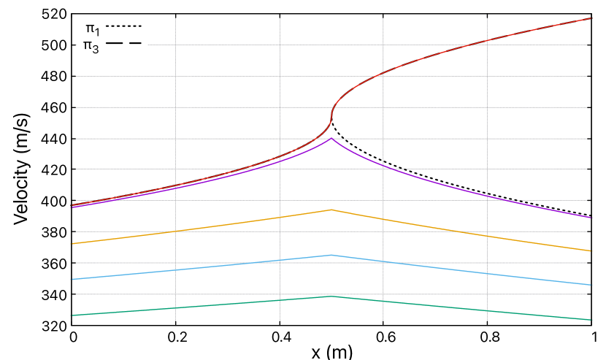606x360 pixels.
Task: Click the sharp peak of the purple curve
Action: tap(331, 138)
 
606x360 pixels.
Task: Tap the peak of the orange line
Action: tap(331, 210)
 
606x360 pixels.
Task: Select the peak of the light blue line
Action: tap(331, 255)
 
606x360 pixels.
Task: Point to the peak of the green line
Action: tap(331, 296)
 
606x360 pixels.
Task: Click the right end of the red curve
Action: tap(591, 18)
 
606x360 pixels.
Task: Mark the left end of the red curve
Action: tap(71, 205)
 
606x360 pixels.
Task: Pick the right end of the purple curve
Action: tap(591, 218)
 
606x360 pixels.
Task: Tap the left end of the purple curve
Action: tap(71, 207)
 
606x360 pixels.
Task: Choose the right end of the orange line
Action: tap(591, 251)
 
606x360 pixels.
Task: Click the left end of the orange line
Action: tap(71, 244)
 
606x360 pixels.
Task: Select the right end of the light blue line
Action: tap(591, 285)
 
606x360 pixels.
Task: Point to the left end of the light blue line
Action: tap(71, 280)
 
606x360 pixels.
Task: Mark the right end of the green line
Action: tap(591, 320)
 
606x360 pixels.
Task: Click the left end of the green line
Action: tap(71, 315)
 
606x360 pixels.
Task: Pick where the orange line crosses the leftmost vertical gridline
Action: tap(175, 231)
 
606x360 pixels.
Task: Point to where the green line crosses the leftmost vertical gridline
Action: tap(175, 308)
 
